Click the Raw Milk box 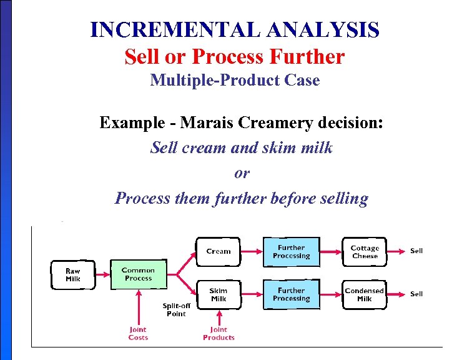tap(73, 275)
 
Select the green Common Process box tap(138, 274)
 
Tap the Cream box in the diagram tap(219, 251)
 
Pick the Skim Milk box tap(219, 294)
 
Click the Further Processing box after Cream tap(291, 251)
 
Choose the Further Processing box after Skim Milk tap(291, 294)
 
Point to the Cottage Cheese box tap(365, 252)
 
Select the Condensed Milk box tap(365, 294)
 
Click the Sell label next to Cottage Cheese tap(416, 251)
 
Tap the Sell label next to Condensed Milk tap(416, 294)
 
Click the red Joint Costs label tap(138, 333)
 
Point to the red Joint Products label tap(219, 333)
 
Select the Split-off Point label tap(176, 309)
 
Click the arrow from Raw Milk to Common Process tap(102, 275)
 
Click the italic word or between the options tap(241, 173)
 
